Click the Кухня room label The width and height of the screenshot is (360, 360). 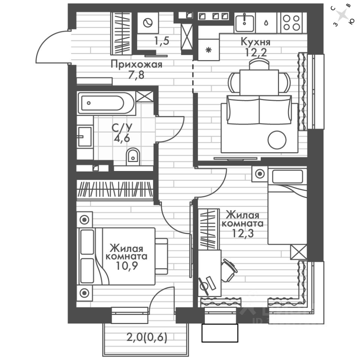click(256, 41)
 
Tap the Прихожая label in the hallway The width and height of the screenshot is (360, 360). click(136, 64)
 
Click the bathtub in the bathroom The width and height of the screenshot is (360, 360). click(106, 102)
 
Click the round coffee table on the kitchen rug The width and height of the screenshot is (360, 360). click(277, 139)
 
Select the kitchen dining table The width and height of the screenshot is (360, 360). click(259, 82)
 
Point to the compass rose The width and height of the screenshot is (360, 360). click(342, 15)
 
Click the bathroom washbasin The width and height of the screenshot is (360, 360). click(84, 137)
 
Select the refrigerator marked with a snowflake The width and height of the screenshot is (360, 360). click(208, 49)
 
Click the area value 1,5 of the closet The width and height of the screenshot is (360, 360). click(162, 41)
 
